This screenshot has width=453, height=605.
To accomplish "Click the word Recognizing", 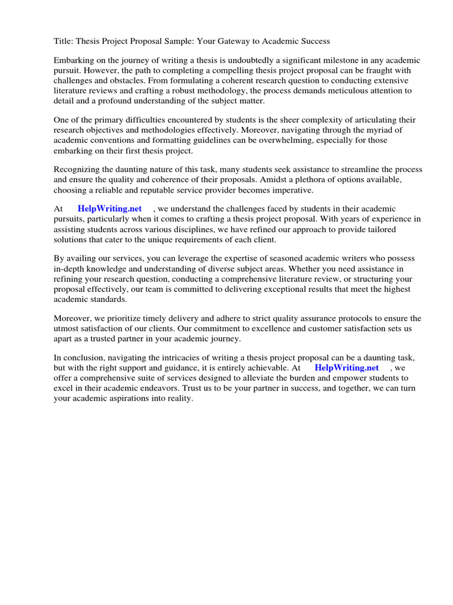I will pyautogui.click(x=77, y=170).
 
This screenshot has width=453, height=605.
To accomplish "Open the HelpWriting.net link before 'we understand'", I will pyautogui.click(x=110, y=209).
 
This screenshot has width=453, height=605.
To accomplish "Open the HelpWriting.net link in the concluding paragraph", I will pyautogui.click(x=346, y=368).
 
